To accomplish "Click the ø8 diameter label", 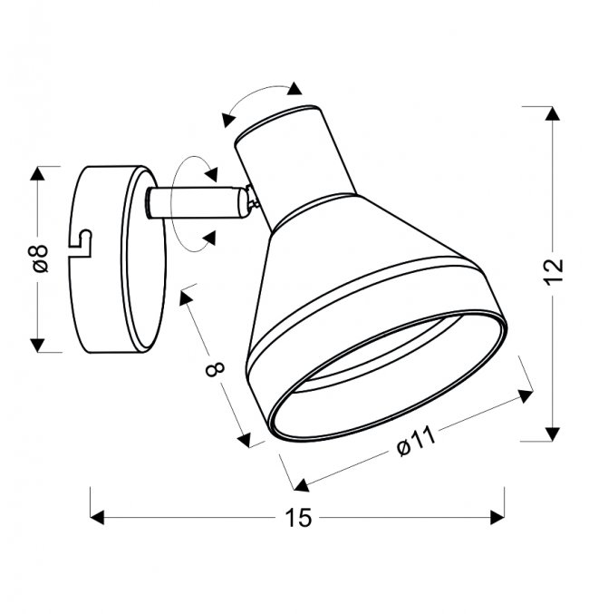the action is [41, 258].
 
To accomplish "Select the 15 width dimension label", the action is [298, 518].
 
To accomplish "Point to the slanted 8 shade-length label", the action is [215, 369].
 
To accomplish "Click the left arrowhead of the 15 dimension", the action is [97, 517].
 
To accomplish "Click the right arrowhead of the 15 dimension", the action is [497, 517].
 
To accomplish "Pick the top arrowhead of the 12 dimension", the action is [552, 113].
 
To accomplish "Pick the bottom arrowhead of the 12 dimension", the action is [552, 434].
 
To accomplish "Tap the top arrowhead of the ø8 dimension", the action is [37, 173].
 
